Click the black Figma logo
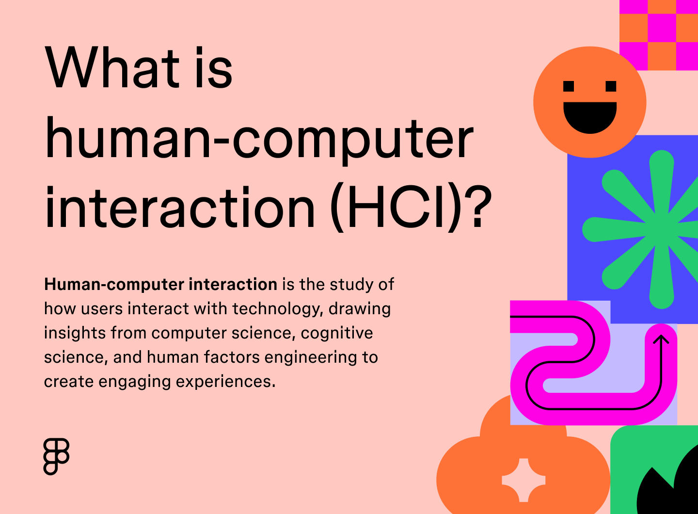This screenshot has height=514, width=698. (57, 456)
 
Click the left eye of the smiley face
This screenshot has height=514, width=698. (569, 86)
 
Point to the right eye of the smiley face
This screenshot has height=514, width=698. (611, 86)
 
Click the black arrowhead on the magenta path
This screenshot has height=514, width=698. (661, 339)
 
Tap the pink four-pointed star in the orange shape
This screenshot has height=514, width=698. (523, 480)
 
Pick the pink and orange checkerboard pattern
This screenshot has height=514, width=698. (659, 34)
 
